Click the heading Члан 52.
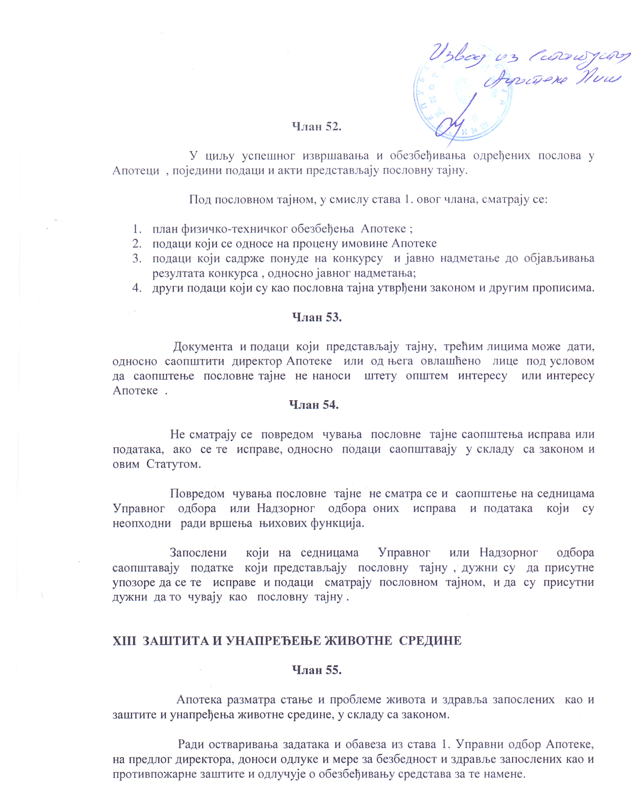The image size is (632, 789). [316, 127]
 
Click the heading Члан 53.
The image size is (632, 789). [316, 317]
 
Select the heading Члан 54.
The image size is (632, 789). [314, 405]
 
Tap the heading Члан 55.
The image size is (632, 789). [316, 670]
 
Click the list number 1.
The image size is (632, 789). [137, 229]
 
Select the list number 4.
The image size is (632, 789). [137, 288]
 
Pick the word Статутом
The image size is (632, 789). [173, 464]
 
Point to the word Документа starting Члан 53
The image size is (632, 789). [203, 346]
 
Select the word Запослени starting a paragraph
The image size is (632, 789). [198, 553]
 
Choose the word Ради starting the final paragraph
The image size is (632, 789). [191, 744]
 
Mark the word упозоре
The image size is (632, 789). [134, 582]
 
